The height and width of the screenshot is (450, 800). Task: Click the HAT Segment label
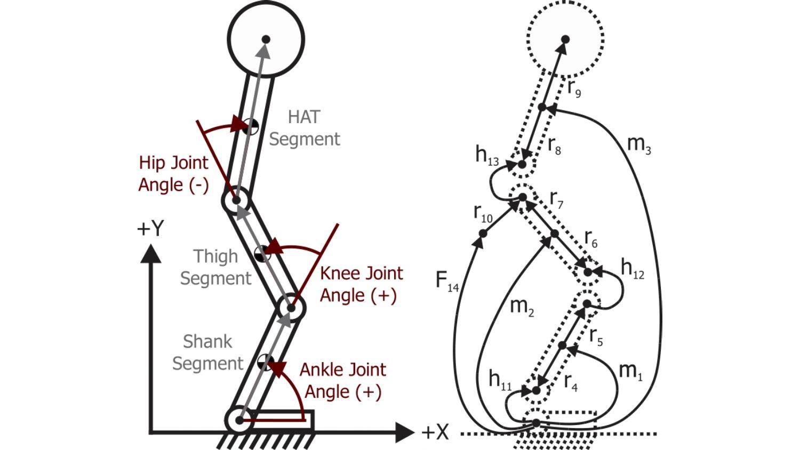click(305, 128)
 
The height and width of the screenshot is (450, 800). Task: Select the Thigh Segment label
click(215, 267)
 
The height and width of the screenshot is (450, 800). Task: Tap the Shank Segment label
click(207, 352)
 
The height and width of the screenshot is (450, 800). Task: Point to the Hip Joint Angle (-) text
click(173, 173)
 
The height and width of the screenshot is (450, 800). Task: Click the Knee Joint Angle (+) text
click(361, 284)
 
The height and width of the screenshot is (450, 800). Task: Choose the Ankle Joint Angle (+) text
click(342, 381)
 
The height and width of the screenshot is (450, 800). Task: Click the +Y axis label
click(150, 229)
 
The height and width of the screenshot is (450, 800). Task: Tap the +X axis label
click(435, 432)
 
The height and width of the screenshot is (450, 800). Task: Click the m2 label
click(522, 307)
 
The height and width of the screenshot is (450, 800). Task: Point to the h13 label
click(487, 155)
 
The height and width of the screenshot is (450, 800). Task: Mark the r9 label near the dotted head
click(574, 87)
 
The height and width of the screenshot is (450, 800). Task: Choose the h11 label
click(500, 380)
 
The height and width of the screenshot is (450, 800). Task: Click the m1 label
click(631, 371)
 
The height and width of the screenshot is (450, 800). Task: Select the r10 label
click(483, 213)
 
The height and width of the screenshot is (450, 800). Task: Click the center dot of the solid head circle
click(266, 39)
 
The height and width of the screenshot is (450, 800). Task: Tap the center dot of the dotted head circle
click(565, 39)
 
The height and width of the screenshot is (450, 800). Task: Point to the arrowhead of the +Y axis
click(151, 253)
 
